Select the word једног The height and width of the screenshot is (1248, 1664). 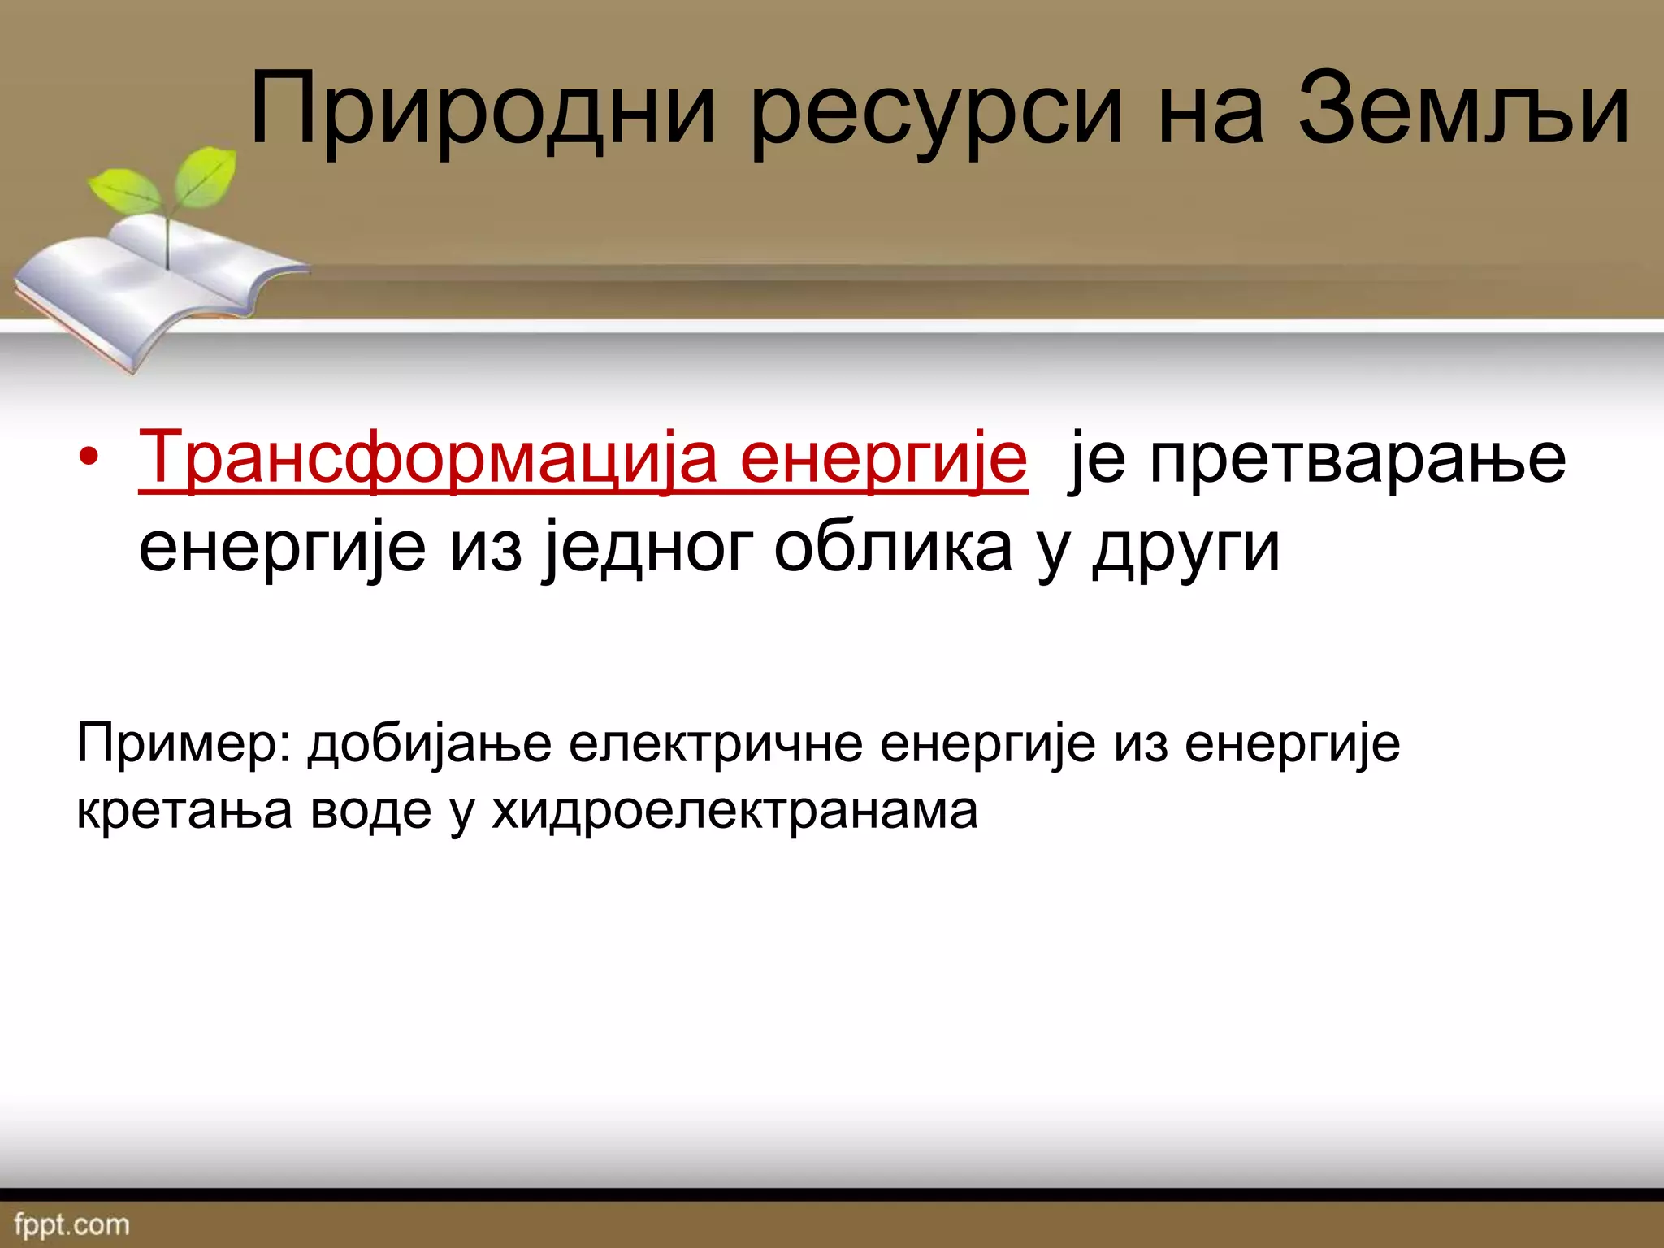pyautogui.click(x=650, y=548)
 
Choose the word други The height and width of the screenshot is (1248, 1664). pyautogui.click(x=1186, y=548)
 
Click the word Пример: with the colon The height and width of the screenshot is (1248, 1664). pyautogui.click(x=184, y=743)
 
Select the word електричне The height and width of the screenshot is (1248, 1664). pyautogui.click(x=715, y=743)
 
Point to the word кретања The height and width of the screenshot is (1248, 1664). pyautogui.click(x=184, y=810)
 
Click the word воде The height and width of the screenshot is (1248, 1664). pyautogui.click(x=370, y=810)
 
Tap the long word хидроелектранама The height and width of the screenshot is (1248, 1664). pyautogui.click(x=734, y=810)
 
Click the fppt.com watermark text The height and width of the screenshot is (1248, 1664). pyautogui.click(x=71, y=1224)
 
